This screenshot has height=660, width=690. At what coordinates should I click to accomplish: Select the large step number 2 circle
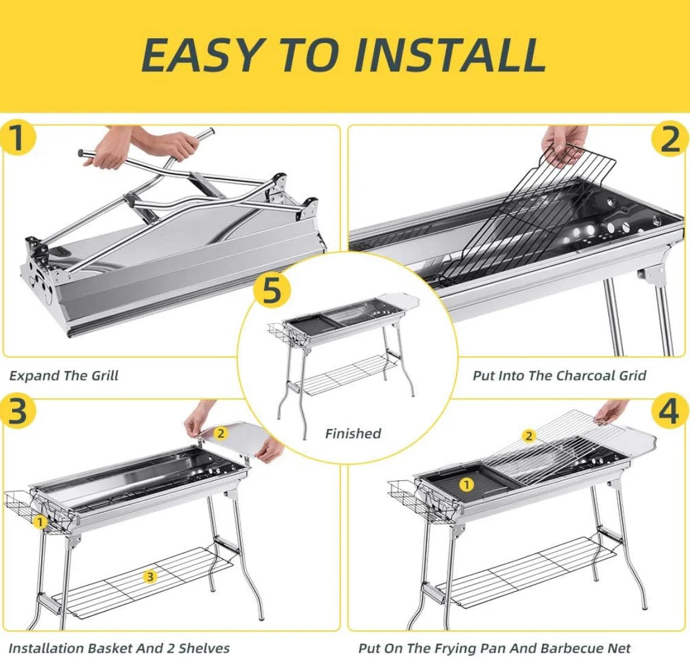click(x=670, y=139)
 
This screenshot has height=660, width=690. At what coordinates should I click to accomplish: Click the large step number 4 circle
click(x=670, y=412)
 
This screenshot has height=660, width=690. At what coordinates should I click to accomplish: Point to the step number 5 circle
click(x=272, y=291)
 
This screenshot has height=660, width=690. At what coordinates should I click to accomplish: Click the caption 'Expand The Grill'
click(x=63, y=376)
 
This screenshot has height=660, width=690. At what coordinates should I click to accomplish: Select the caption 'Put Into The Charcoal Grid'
click(x=559, y=376)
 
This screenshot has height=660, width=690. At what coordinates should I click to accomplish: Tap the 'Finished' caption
click(x=353, y=433)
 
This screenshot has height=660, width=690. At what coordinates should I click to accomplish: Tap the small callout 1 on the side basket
click(x=40, y=521)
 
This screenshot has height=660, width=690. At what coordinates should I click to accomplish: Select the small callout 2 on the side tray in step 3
click(x=221, y=433)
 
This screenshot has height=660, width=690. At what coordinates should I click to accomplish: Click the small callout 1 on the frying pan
click(x=466, y=485)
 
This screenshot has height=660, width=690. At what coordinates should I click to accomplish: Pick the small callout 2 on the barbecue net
click(x=529, y=436)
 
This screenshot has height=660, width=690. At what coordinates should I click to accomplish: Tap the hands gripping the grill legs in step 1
click(x=157, y=147)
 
